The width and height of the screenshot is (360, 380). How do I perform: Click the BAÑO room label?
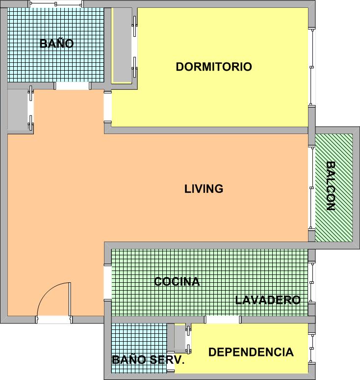56,43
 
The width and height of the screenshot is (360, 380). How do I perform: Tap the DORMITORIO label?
214,67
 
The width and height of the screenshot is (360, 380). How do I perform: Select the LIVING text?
204,189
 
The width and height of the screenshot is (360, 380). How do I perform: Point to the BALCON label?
330,186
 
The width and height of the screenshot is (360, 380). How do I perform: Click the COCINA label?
177,281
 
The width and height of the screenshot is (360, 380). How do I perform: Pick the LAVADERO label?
268,300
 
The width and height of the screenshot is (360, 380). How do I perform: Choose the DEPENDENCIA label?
251,352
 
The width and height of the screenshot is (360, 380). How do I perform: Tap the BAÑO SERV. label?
148,360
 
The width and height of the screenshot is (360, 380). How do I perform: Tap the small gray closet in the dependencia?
180,339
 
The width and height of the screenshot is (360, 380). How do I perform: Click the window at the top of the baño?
56,4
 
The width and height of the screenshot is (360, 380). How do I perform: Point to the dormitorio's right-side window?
312,67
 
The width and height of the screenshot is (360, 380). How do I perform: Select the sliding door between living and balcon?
312,188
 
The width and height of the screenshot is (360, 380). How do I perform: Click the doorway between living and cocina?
108,282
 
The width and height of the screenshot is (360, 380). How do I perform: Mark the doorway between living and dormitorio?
108,107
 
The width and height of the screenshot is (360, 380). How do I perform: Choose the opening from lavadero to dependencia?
223,320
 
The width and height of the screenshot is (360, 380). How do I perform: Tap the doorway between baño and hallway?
73,86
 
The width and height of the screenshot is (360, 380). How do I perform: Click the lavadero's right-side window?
312,282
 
